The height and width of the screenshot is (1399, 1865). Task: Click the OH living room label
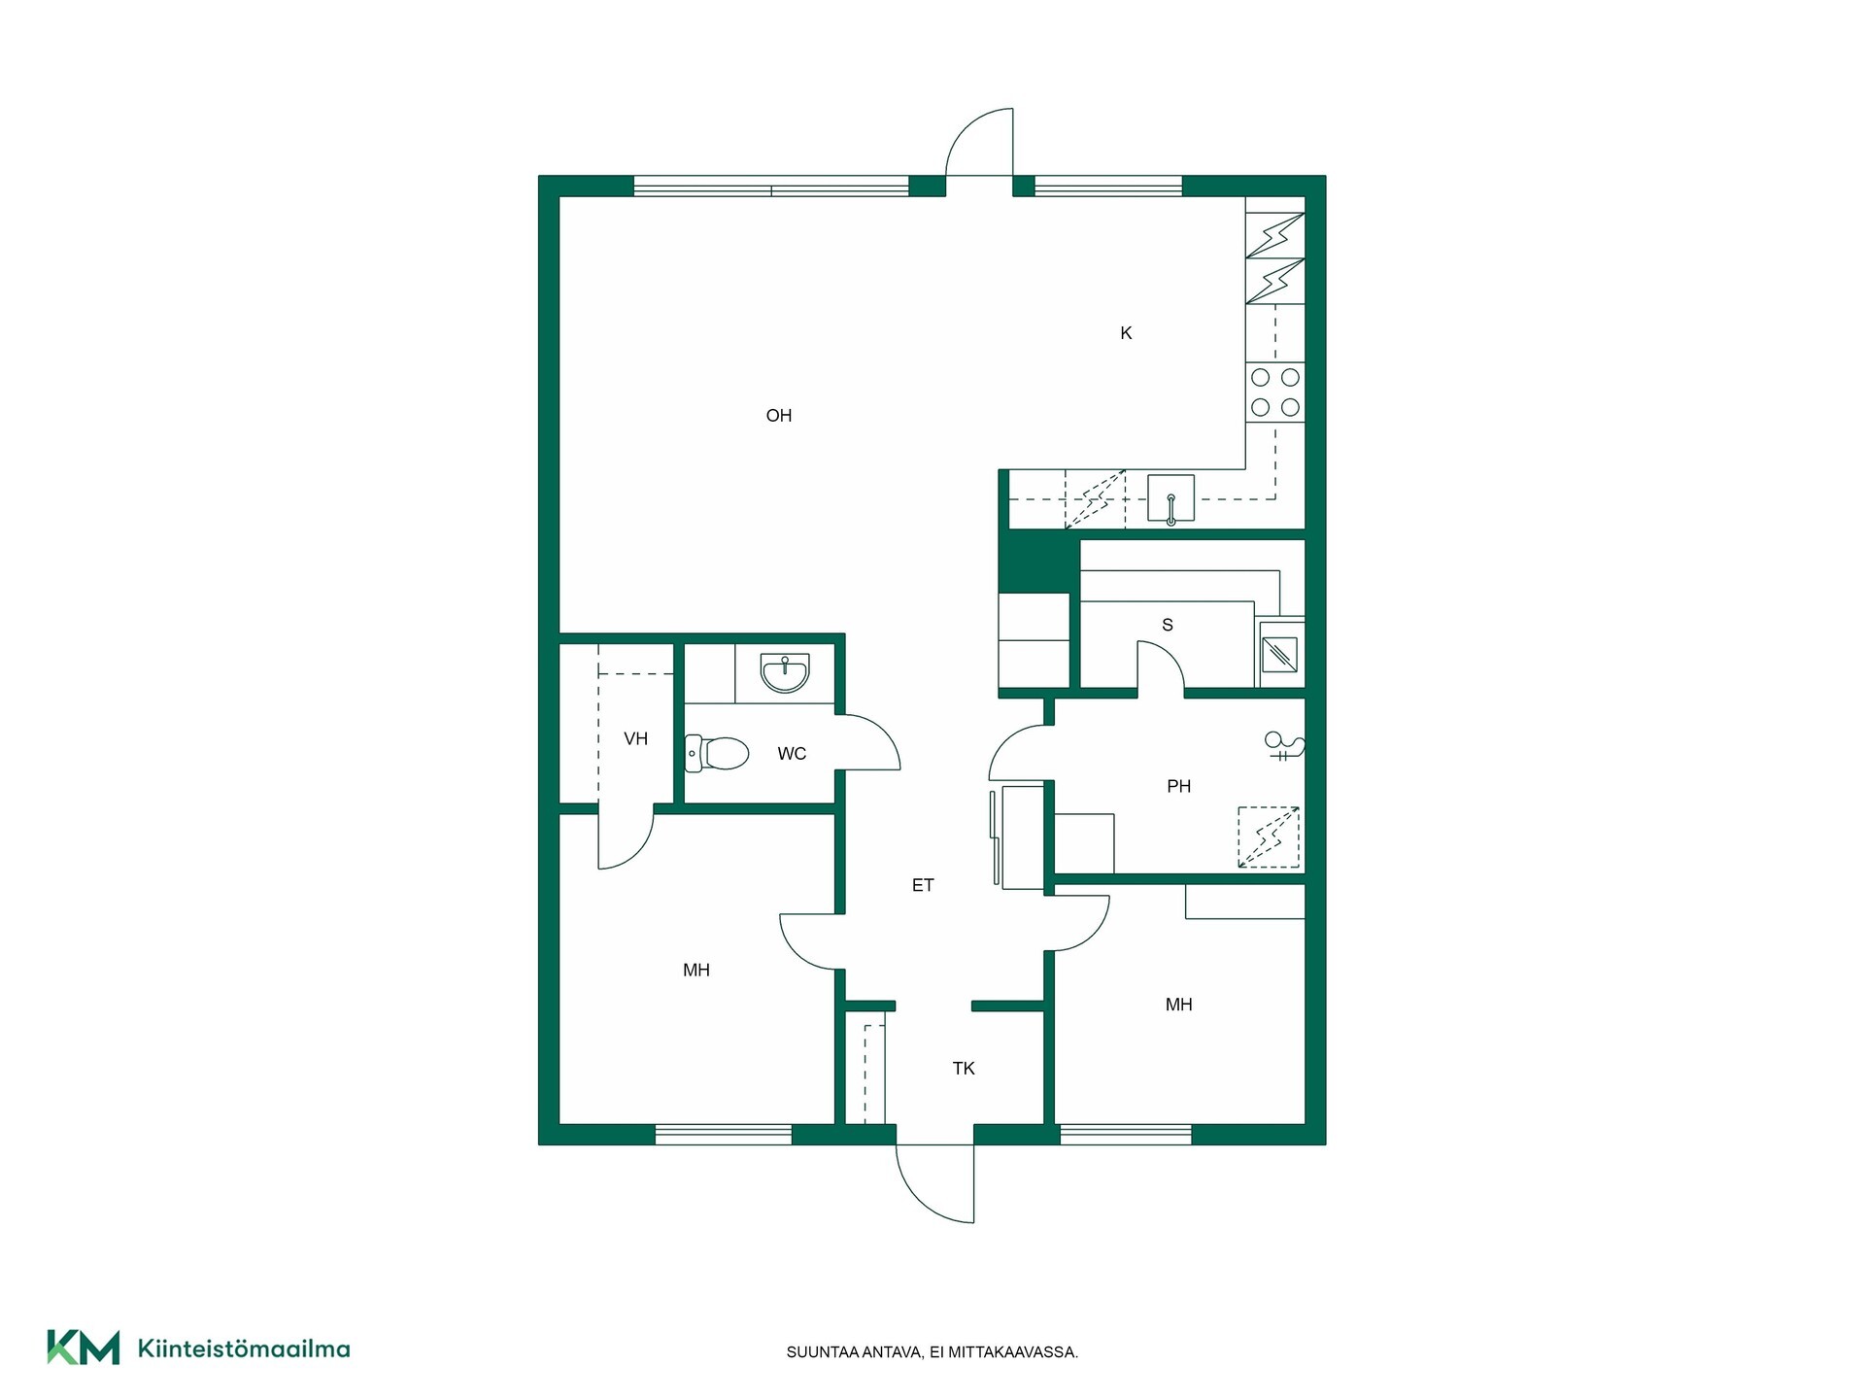tap(779, 416)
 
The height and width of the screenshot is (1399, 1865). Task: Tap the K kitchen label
tap(1126, 333)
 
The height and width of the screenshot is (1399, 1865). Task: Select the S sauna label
tap(1168, 625)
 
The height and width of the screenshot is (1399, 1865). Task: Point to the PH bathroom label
tap(1178, 786)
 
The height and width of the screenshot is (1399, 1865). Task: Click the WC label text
tap(792, 754)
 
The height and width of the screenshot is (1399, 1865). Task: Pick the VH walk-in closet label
tap(635, 739)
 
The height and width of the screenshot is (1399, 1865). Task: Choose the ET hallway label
tap(923, 885)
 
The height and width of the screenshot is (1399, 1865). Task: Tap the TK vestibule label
tap(964, 1069)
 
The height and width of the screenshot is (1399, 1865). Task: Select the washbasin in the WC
tap(785, 673)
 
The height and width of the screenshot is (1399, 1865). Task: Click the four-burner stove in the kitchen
tap(1275, 392)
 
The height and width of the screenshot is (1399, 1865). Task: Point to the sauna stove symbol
tap(1280, 654)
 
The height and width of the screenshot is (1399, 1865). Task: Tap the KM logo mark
tap(84, 1348)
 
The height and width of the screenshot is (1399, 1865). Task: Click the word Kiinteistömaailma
tap(244, 1348)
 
